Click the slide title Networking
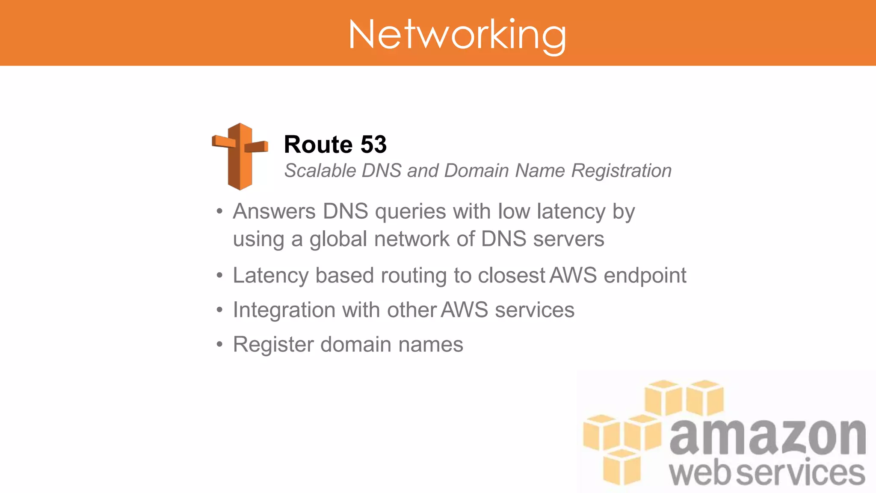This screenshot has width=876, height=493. point(457,34)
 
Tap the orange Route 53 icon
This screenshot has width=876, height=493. point(240,156)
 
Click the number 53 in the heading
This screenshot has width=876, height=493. point(373,144)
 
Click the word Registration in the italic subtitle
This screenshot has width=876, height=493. point(621,171)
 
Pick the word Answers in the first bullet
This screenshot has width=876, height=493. point(274,211)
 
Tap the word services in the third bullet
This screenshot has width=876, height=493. point(534,310)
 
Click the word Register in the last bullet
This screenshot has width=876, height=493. point(273,345)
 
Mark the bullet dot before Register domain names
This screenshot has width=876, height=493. point(219,344)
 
